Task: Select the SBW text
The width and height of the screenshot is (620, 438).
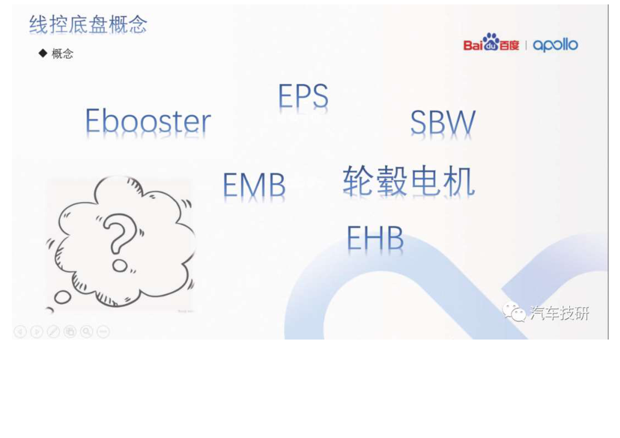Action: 443,122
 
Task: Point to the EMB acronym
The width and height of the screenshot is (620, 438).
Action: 254,185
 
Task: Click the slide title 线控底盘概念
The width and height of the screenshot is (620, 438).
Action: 88,24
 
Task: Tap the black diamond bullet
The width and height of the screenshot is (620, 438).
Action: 43,53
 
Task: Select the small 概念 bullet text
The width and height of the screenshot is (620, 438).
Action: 63,53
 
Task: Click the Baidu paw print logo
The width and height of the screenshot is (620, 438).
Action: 491,42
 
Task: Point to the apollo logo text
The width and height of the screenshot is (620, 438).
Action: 555,45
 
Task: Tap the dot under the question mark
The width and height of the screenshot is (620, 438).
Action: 120,266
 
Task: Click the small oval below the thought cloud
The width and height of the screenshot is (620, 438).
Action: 63,297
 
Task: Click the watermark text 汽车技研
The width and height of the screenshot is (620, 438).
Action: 559,313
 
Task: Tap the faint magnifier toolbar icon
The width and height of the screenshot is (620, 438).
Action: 87,332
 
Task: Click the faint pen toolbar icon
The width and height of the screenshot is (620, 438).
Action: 53,332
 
